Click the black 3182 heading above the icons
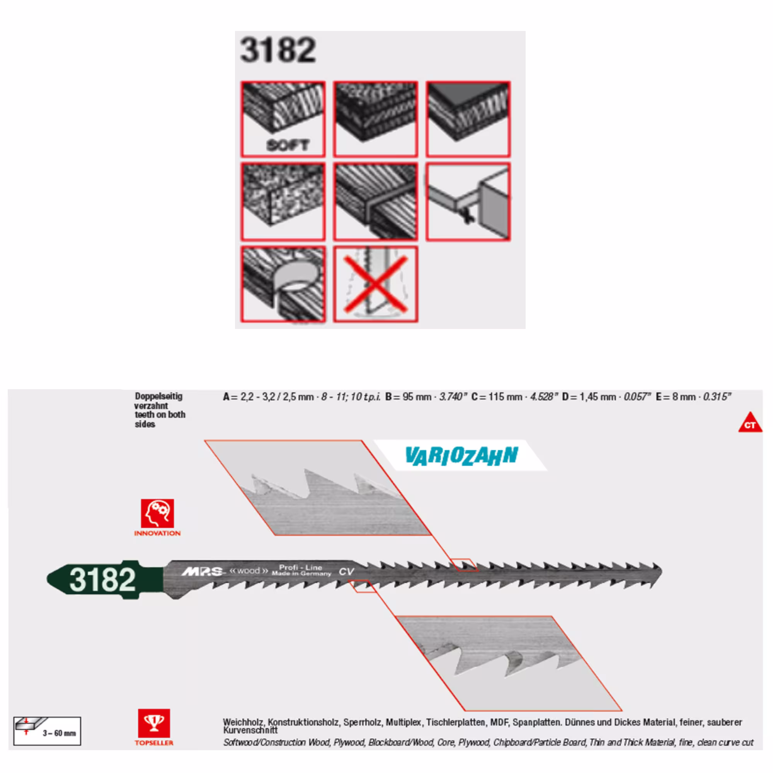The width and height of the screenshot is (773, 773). [278, 50]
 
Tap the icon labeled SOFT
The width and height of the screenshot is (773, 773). [283, 119]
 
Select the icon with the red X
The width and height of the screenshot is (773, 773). [375, 284]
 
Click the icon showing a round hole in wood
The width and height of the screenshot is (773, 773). [283, 284]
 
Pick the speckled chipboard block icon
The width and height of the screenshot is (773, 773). [283, 201]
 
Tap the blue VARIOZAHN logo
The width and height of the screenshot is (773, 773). [461, 456]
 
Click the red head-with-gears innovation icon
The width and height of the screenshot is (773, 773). [157, 513]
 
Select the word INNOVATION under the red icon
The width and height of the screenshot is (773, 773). [157, 533]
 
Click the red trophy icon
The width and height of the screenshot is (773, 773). [154, 724]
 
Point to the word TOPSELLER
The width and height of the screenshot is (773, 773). [154, 743]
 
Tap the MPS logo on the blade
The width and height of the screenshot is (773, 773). [202, 572]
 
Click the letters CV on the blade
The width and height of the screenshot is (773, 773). [346, 572]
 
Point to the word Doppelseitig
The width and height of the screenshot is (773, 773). [158, 397]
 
